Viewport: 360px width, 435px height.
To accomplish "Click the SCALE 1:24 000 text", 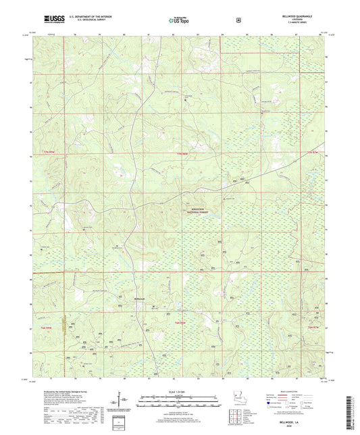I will pos(179,392).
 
